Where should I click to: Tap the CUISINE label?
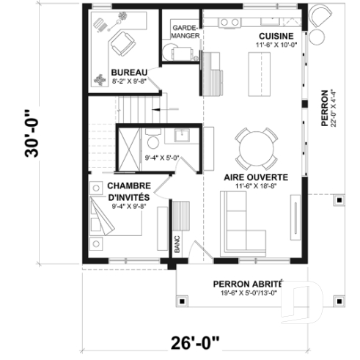click(276, 36)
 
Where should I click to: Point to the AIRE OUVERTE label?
click(256, 177)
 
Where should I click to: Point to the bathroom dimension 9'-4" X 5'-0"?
click(163, 157)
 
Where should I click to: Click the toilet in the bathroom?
click(153, 142)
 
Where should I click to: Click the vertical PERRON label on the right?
click(324, 109)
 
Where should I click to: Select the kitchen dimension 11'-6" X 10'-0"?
click(276, 45)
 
